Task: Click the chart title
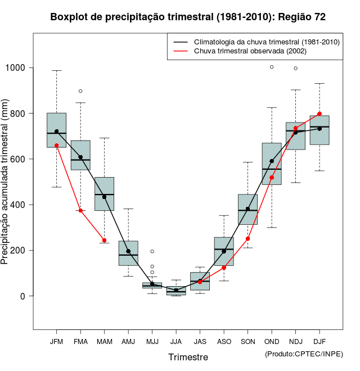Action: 188,17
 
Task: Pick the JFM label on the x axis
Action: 56,342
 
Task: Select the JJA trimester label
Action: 176,342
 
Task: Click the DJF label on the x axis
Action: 319,342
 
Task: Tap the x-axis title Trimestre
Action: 188,357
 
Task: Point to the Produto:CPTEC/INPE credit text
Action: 304,354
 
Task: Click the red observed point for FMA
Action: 80,210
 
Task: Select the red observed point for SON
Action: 248,238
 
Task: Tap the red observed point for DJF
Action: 319,114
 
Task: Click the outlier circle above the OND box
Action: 272,67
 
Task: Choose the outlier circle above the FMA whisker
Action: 80,91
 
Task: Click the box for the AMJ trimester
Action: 128,253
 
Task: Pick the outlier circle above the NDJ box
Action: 296,69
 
